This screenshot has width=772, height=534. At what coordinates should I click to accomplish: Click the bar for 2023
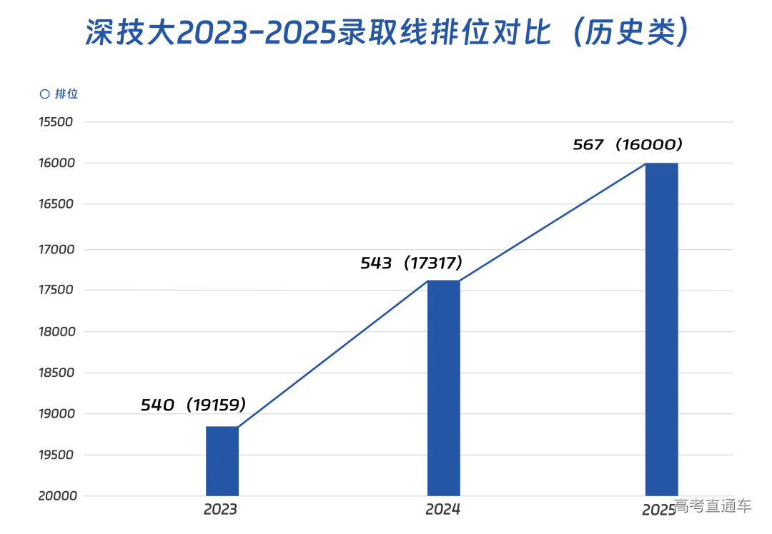(222, 460)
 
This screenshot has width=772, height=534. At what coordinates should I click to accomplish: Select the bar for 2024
(443, 388)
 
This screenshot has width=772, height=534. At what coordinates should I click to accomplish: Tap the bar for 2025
(661, 328)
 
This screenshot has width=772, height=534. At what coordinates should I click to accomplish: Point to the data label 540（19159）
(194, 405)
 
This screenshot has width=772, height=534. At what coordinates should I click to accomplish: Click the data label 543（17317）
(412, 263)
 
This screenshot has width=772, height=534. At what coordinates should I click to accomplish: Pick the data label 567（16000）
(628, 145)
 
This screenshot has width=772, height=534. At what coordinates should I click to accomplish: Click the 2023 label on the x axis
(220, 510)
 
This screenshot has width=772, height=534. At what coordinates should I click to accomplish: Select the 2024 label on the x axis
(443, 510)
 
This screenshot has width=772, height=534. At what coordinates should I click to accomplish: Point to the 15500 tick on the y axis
(56, 122)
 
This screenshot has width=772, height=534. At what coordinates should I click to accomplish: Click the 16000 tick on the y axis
(56, 163)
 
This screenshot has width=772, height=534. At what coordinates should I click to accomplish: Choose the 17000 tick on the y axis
(56, 250)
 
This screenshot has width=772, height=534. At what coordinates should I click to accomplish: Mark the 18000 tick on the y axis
(56, 332)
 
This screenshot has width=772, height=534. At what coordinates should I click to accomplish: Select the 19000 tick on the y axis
(56, 414)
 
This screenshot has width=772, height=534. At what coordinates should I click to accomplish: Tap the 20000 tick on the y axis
(56, 496)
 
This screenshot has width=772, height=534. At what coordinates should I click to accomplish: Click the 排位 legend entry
(59, 94)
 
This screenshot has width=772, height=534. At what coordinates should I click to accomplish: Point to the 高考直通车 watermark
(713, 506)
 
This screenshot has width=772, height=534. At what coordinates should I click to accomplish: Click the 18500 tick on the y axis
(56, 373)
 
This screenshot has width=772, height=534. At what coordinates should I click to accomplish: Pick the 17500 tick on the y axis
(56, 291)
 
